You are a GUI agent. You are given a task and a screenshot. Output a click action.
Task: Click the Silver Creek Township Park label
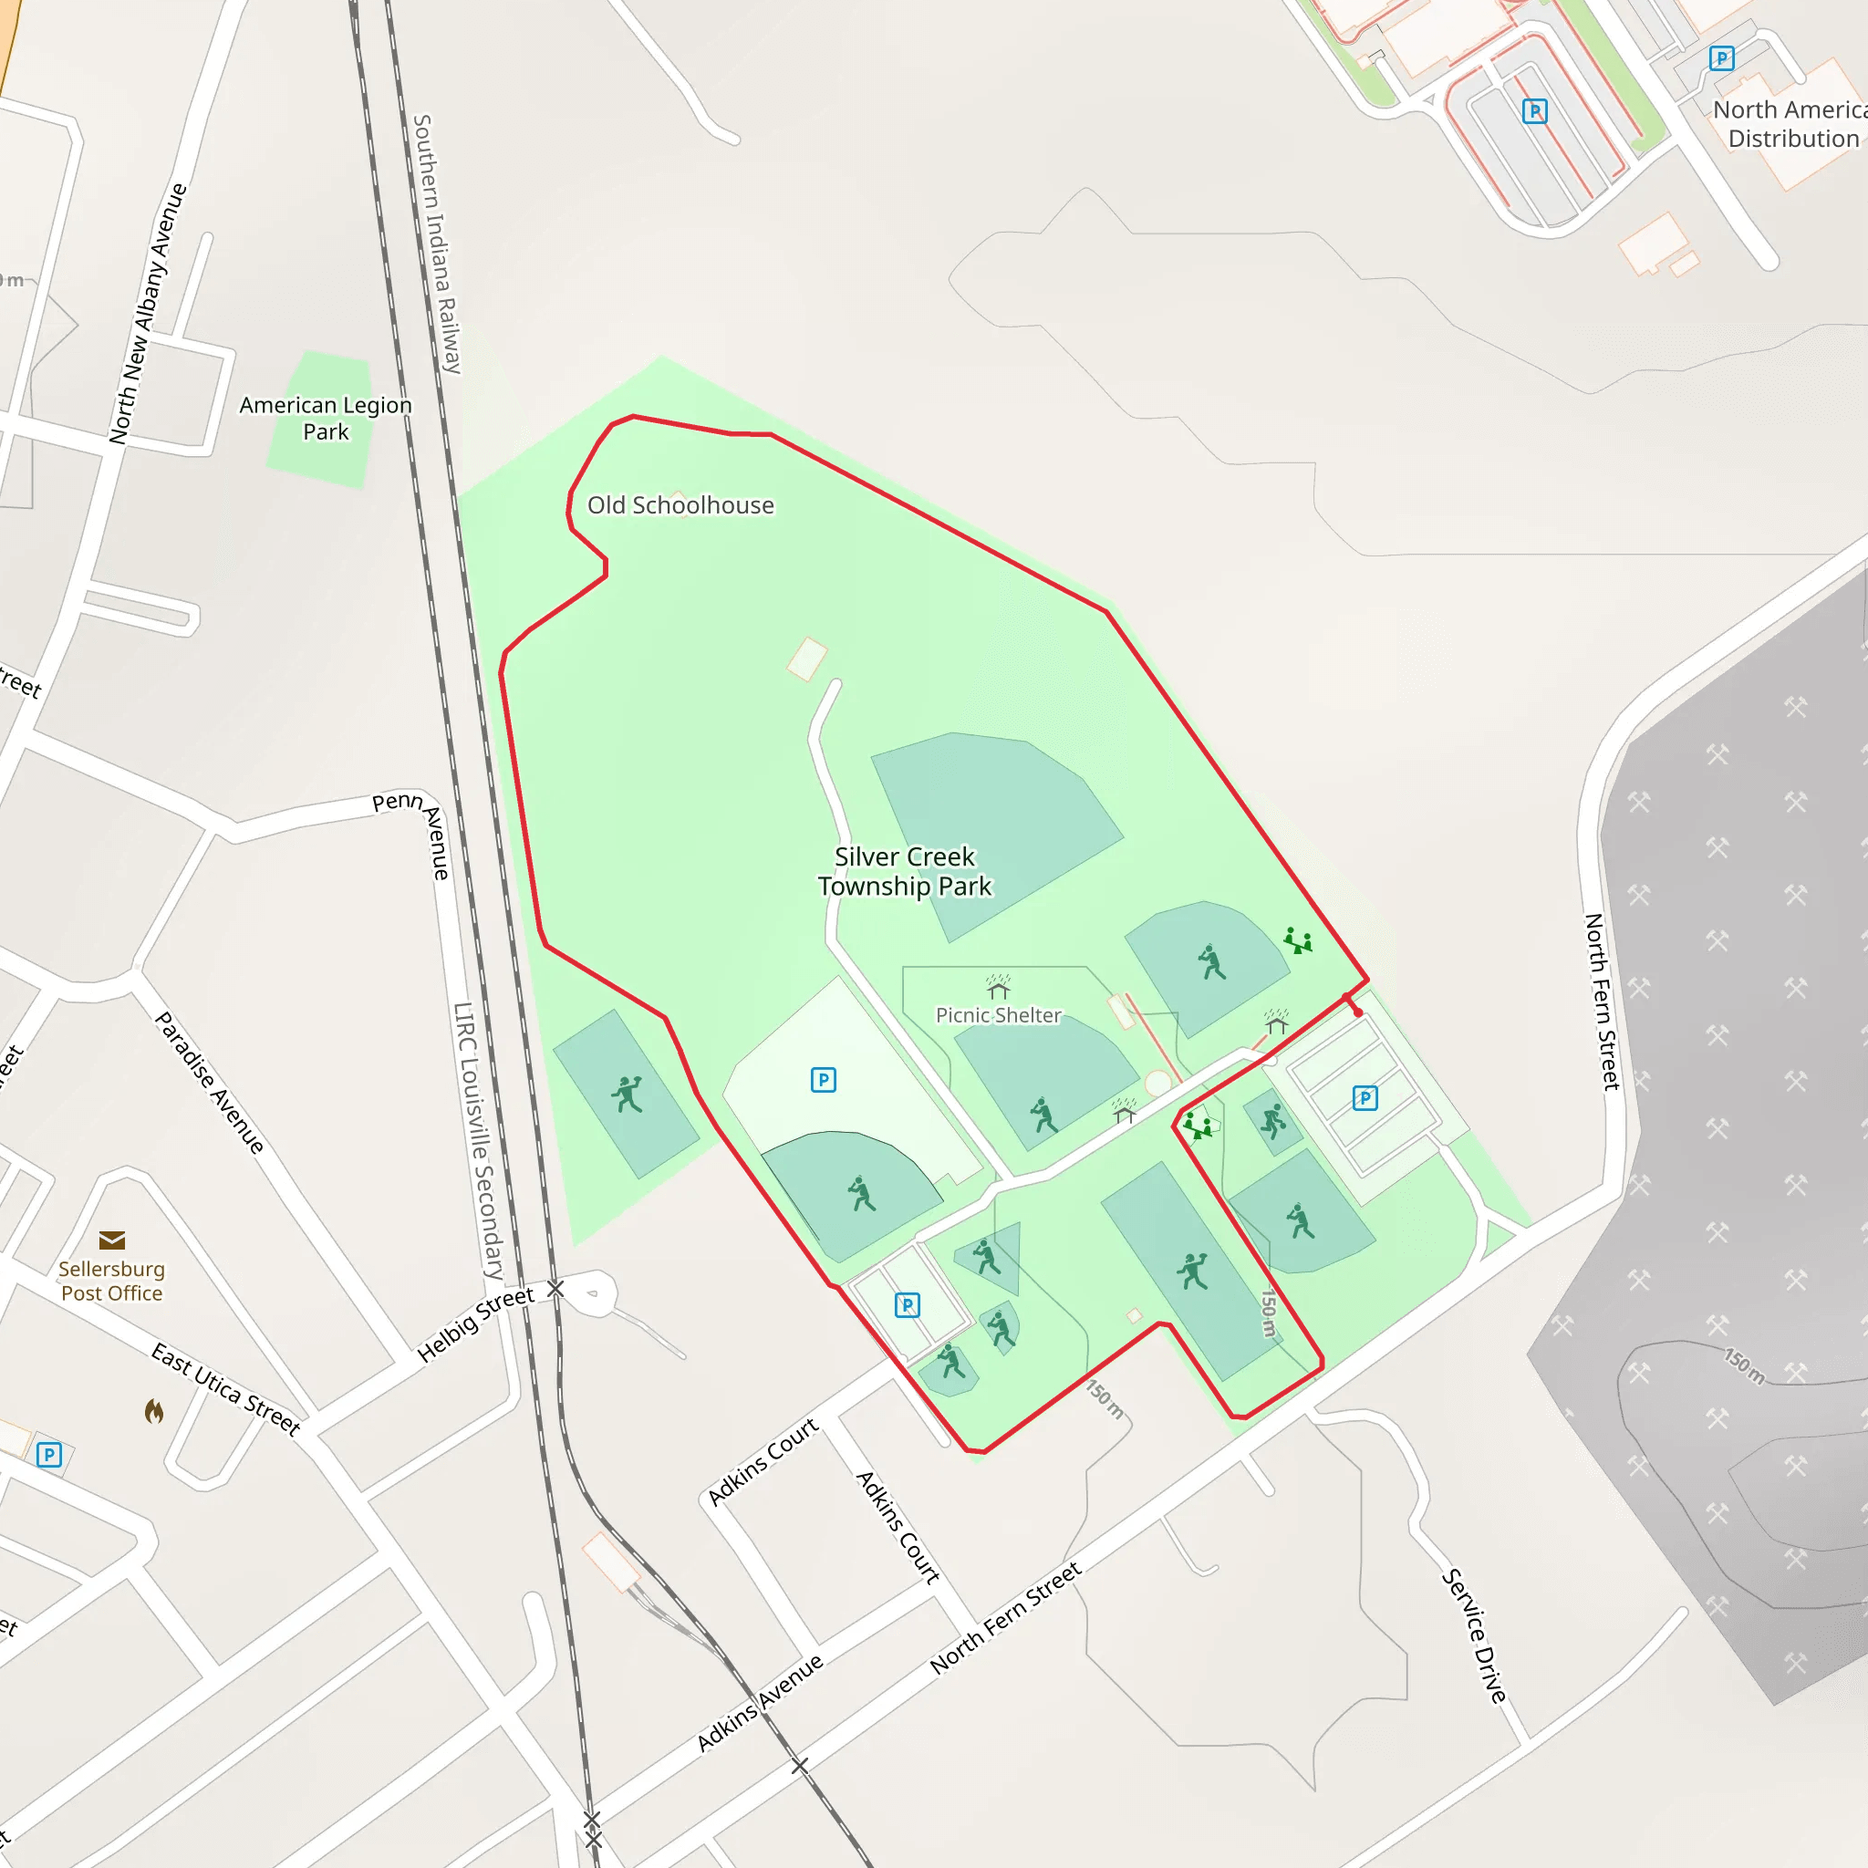[904, 871]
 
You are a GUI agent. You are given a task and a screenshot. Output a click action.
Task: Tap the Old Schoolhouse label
[680, 504]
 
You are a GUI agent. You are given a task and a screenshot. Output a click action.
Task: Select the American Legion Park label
[326, 418]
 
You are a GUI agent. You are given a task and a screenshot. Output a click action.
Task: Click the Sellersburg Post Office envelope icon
[112, 1240]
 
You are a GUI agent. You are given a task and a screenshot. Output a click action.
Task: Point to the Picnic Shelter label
[998, 1015]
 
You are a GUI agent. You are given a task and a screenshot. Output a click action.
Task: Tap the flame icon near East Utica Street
[154, 1412]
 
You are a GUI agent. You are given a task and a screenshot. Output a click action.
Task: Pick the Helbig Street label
[476, 1325]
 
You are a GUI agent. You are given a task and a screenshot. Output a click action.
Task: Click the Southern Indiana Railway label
[438, 244]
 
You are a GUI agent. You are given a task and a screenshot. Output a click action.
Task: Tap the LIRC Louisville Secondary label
[479, 1141]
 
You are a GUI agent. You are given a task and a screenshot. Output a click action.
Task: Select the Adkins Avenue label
[760, 1702]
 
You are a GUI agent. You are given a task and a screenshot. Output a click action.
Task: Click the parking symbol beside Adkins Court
[907, 1305]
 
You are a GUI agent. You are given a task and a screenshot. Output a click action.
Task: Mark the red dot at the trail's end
[1357, 1012]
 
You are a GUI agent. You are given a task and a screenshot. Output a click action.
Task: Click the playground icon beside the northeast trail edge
[1298, 939]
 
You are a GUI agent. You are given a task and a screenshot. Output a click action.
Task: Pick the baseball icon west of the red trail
[627, 1095]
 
